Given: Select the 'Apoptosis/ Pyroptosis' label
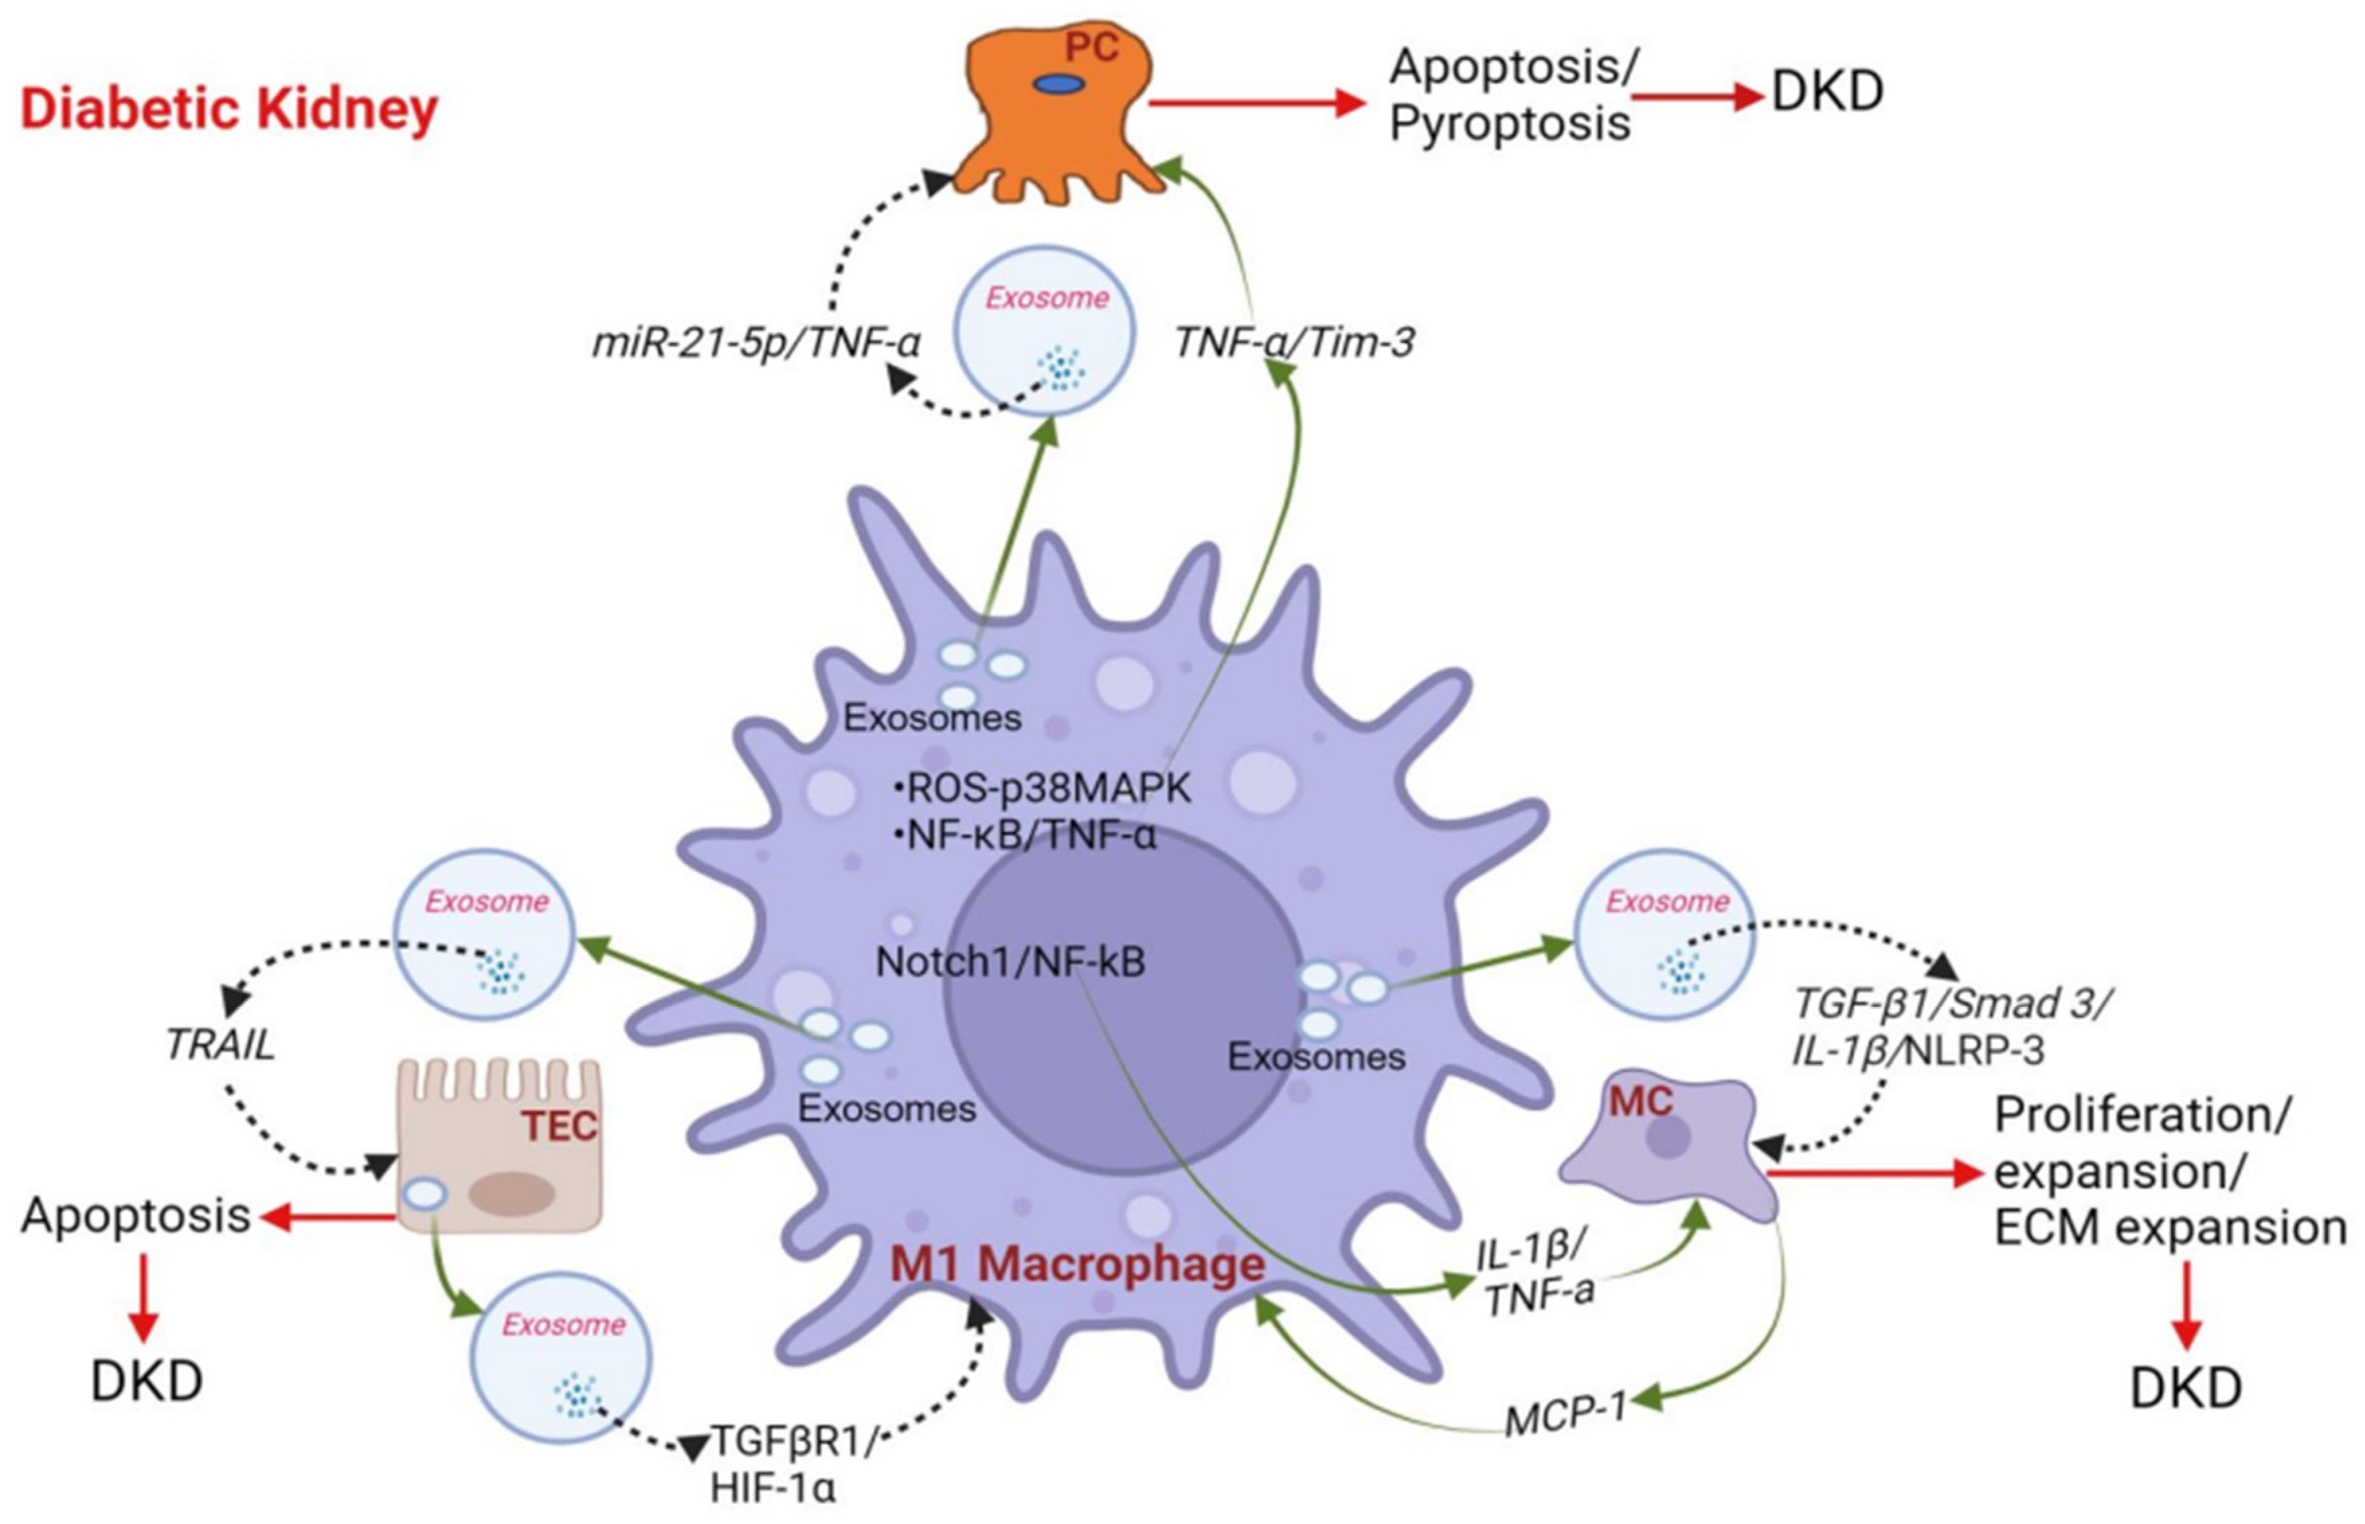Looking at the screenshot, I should tap(1511, 96).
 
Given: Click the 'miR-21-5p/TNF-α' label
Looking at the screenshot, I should tap(757, 343).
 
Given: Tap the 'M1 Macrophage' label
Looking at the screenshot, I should tap(1078, 1265).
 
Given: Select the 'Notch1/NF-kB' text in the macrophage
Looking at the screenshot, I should tap(1011, 962).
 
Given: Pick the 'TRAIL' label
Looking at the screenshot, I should tap(220, 1046).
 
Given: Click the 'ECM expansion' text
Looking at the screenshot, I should tap(2169, 1228).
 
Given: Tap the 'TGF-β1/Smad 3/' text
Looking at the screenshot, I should tap(1951, 1004).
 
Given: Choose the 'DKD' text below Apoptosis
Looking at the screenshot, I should tap(146, 1382).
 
